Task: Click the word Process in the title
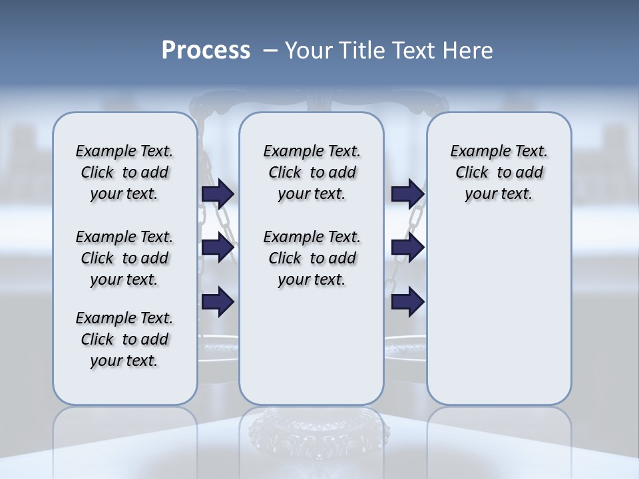click(206, 50)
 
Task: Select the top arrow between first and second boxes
click(218, 194)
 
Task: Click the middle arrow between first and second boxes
click(218, 247)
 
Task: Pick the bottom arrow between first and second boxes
click(218, 301)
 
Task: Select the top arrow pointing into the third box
click(407, 194)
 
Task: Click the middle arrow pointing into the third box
click(407, 247)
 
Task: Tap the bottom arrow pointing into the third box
click(407, 301)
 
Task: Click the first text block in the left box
click(124, 172)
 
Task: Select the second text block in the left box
click(124, 258)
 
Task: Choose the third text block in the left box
click(124, 339)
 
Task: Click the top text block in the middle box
click(312, 172)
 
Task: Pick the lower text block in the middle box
click(312, 258)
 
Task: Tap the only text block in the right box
click(499, 172)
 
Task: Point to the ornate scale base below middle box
click(313, 432)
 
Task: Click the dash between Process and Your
click(270, 51)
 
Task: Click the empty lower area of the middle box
click(312, 346)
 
